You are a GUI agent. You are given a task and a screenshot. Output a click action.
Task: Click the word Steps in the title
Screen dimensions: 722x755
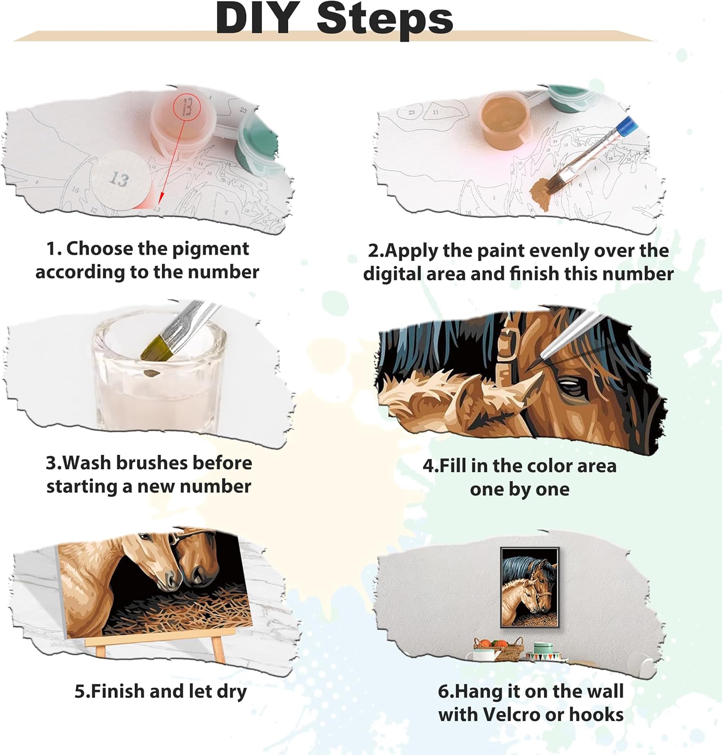385,19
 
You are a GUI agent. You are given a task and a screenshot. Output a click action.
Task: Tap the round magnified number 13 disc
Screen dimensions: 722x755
120,179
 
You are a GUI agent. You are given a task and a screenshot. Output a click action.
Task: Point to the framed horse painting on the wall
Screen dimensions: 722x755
530,587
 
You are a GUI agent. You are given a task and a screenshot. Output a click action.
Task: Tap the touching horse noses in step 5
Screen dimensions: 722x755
179,580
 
